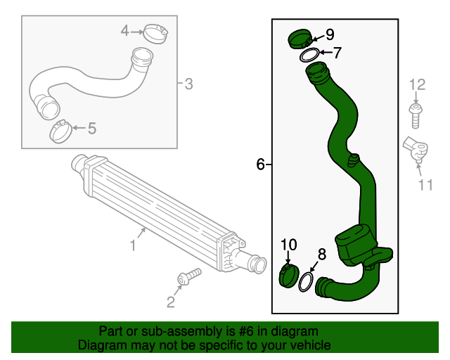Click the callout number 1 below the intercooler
coord(132,245)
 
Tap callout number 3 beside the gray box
coord(188,85)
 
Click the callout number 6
coord(260,165)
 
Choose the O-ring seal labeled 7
coord(308,56)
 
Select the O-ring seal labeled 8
coord(306,283)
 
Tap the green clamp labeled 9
coord(298,39)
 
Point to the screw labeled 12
coord(416,114)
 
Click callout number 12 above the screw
coord(418,86)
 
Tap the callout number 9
coord(330,34)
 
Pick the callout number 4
coord(124,30)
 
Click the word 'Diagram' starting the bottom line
coord(101,345)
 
